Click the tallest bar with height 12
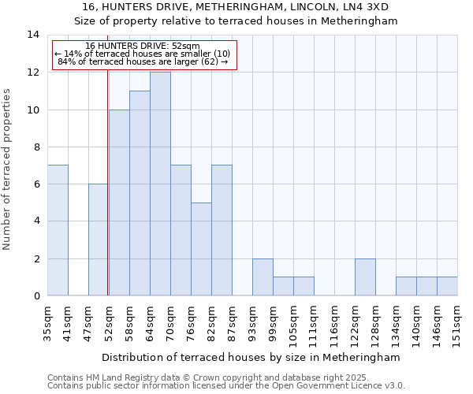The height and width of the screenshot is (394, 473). point(160,184)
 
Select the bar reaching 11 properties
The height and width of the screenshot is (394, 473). point(140,193)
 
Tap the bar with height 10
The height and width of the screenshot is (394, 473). point(119,203)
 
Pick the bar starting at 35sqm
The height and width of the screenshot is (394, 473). point(58,230)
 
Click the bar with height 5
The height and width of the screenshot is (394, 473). point(201,249)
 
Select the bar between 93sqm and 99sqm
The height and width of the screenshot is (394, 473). point(263,277)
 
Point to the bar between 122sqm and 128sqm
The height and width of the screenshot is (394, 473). point(365,277)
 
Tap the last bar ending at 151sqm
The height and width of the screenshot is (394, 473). point(447,286)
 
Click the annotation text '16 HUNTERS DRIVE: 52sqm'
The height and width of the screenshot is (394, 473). point(143,46)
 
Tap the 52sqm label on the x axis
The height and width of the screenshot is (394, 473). point(109,320)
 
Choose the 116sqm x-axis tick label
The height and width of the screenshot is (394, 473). point(334,322)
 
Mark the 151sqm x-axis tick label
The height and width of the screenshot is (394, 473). point(457,322)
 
